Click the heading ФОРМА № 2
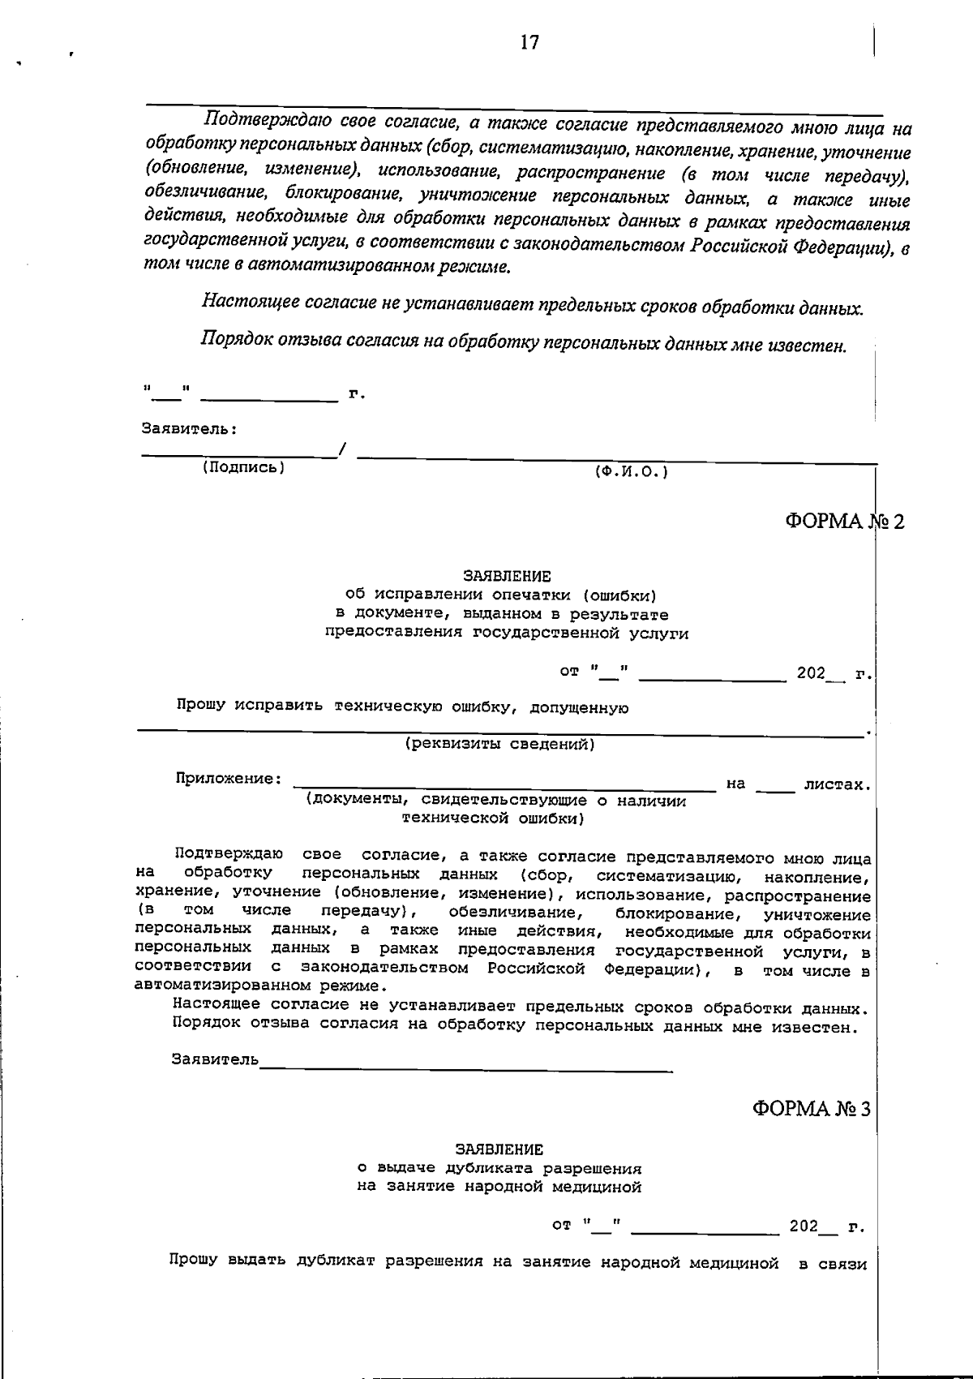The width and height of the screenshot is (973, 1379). point(843,521)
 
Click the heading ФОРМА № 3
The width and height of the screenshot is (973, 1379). point(811,1108)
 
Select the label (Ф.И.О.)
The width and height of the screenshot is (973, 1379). point(631,471)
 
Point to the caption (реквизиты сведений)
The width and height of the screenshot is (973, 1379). point(499,744)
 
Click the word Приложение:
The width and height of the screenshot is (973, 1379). point(229,779)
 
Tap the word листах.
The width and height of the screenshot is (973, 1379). point(837,784)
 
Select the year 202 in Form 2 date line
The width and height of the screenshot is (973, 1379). point(810,673)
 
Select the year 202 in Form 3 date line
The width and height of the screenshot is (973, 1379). point(804,1226)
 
